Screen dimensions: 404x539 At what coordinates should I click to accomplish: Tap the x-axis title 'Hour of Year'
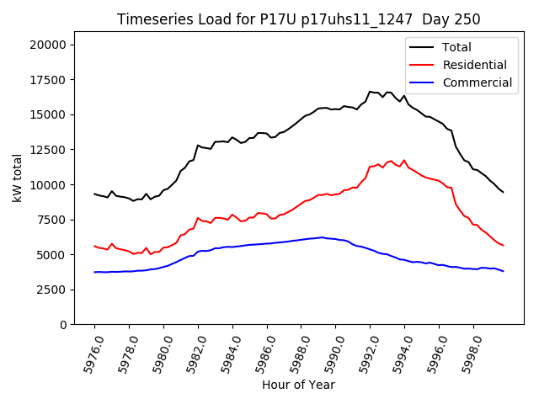(x=298, y=385)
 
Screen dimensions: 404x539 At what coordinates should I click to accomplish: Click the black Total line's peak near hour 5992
(x=370, y=92)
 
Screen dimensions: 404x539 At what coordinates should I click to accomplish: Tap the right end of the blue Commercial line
(x=503, y=271)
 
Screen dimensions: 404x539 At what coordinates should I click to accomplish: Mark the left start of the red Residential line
(x=94, y=246)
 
